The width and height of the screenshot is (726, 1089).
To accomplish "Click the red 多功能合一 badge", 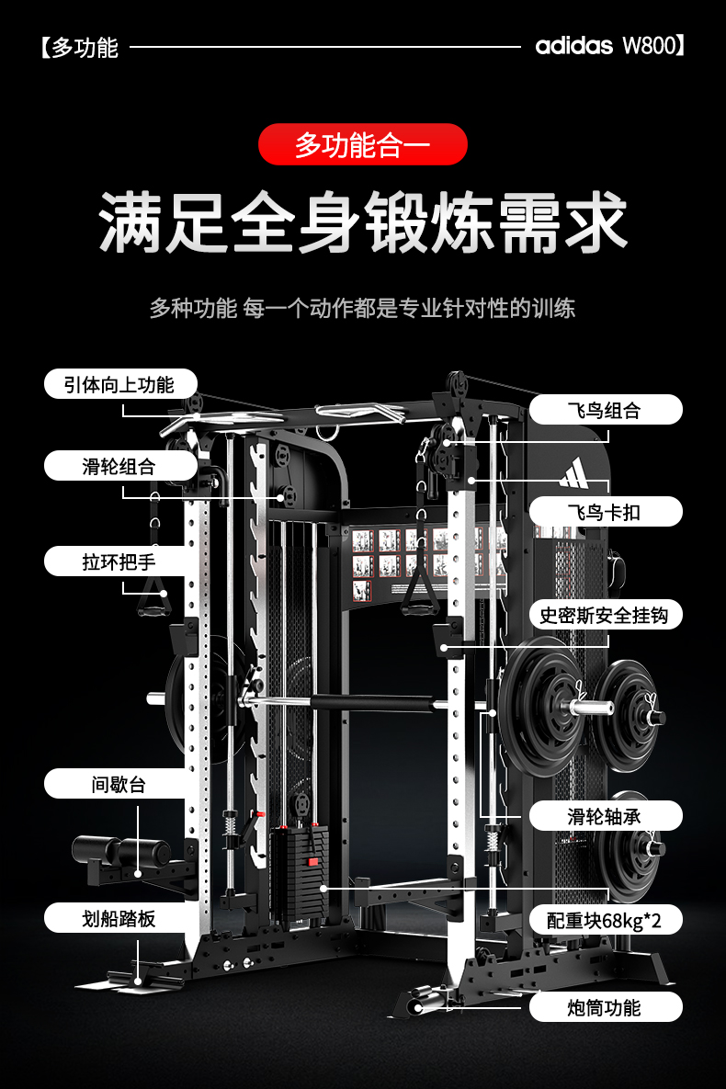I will tap(363, 144).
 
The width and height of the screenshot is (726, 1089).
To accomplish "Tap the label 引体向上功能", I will tap(120, 384).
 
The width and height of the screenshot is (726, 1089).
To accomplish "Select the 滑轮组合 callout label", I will tap(120, 466).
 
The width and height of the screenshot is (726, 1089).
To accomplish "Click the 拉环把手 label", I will tap(120, 560).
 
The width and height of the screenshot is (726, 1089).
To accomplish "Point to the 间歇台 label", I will tap(120, 784).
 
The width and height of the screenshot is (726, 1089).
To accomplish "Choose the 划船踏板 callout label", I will tap(120, 917).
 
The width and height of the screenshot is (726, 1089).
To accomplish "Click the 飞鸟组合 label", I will tap(605, 410).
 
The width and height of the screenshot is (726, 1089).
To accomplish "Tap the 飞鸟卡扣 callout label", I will tap(605, 511).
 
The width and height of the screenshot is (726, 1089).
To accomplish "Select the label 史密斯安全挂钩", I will tap(605, 614).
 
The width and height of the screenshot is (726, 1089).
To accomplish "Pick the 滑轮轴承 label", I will tap(605, 815).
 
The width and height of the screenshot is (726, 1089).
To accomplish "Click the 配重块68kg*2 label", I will tap(605, 919).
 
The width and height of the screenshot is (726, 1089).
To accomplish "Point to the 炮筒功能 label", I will tap(605, 1007).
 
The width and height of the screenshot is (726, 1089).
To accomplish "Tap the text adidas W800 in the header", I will tap(606, 46).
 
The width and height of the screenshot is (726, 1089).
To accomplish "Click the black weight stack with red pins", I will tap(300, 873).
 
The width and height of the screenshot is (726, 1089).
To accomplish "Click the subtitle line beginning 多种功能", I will tap(363, 308).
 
